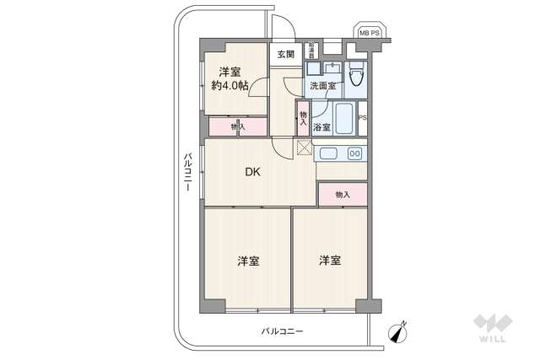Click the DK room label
(252, 173)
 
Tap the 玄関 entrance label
(284, 55)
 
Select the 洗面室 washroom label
(321, 85)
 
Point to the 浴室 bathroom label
(321, 127)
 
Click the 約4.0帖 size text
(229, 86)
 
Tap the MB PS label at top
(370, 32)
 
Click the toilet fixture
(357, 75)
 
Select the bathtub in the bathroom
(344, 118)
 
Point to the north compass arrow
(398, 334)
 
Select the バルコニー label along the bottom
(282, 331)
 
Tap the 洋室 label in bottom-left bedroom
(247, 261)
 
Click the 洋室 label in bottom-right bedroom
(330, 261)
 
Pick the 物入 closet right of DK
(342, 195)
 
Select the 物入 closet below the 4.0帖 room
(237, 126)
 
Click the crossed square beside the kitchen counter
(305, 148)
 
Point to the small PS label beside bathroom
(362, 118)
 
